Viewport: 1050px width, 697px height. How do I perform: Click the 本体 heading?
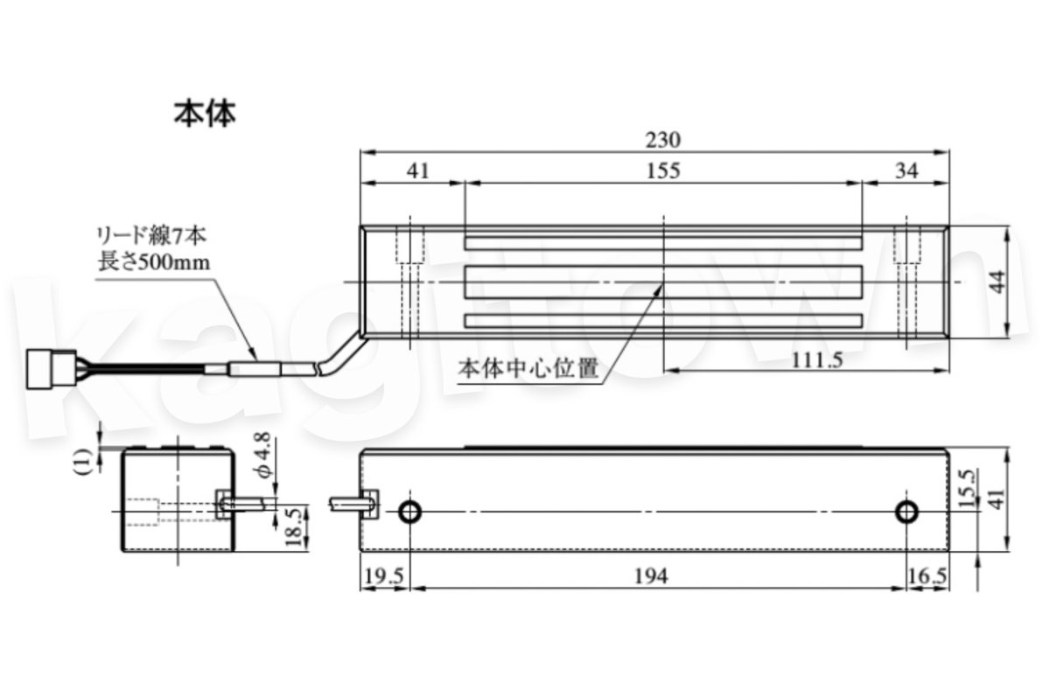(x=205, y=114)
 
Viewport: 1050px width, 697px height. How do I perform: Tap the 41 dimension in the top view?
(x=418, y=171)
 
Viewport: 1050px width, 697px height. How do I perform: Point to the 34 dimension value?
(x=907, y=171)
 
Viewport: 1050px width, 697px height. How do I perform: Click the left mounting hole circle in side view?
(x=409, y=512)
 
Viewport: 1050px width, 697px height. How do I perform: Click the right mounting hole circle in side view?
(x=907, y=512)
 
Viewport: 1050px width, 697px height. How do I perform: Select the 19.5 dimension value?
(x=384, y=575)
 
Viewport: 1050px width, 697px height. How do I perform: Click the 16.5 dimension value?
(x=927, y=575)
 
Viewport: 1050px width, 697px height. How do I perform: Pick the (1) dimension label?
(x=84, y=460)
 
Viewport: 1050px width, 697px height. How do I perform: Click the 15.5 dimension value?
(x=966, y=490)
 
